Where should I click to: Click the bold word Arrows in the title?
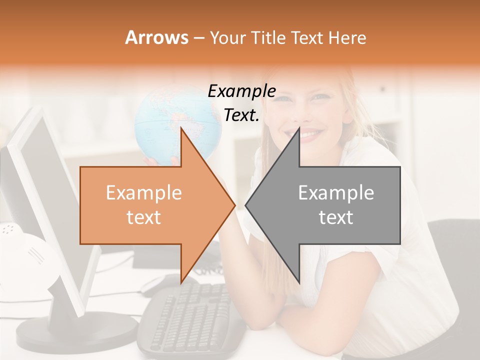click(x=156, y=37)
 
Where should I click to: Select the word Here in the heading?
click(x=347, y=37)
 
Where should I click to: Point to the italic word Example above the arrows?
click(x=242, y=91)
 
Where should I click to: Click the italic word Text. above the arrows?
click(x=242, y=115)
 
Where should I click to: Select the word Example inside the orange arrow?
click(x=144, y=193)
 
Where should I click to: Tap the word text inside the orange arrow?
click(x=144, y=217)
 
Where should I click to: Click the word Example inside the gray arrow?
click(x=336, y=193)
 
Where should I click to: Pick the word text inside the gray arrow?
click(x=336, y=217)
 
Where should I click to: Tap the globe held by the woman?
click(x=165, y=120)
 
